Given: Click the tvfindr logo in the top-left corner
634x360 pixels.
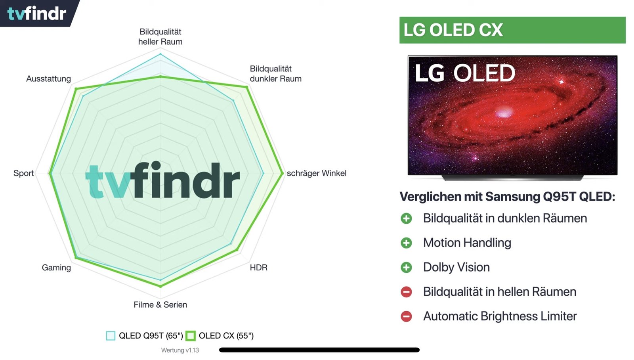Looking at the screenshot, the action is point(37,13).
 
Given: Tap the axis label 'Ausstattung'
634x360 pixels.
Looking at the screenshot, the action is point(48,79).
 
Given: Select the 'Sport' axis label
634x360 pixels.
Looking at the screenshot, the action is point(23,173).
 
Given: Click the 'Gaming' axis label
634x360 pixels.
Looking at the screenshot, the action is point(56,268).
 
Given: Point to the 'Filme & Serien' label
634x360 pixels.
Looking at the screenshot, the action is point(160,305).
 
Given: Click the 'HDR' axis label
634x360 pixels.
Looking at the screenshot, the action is point(258,268).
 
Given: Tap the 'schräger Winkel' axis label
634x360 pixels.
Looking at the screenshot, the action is point(317,173).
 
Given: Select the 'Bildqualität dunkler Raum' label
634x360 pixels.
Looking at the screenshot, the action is point(275,74).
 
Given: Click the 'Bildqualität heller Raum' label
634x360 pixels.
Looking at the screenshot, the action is point(160,37).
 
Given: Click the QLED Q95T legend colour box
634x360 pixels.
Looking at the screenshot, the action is point(111,336).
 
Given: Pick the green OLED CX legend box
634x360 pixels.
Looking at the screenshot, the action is point(191,336).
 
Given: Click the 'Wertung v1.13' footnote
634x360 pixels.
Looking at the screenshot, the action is point(180,350).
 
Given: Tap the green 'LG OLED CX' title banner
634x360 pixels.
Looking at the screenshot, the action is point(512,30).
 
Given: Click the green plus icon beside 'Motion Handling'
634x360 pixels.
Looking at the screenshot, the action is point(406,243).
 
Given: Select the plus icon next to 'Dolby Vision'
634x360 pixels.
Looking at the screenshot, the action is point(406,267).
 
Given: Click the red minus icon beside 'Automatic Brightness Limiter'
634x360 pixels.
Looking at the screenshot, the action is point(406,316).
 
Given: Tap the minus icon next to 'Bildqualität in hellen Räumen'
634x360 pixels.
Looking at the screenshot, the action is point(406,292).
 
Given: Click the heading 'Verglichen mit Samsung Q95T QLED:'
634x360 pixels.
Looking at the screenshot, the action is point(507,197).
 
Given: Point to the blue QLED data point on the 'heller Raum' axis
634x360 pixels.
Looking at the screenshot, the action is point(160,54).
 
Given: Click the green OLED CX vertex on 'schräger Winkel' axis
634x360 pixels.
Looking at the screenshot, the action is point(282,173).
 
